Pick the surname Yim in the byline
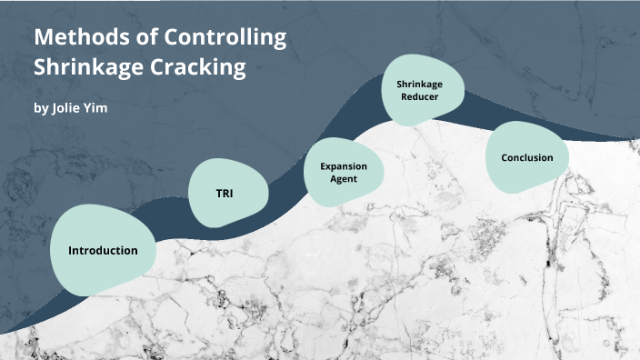(x=96, y=108)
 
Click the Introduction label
(x=103, y=250)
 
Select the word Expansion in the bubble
(x=345, y=166)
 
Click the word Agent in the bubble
(x=345, y=179)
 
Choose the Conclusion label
(x=526, y=157)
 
